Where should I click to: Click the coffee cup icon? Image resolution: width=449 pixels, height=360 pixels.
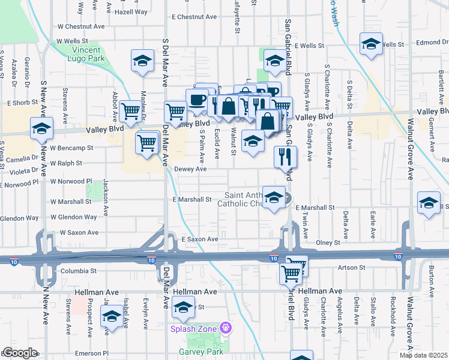pyautogui.click(x=198, y=99)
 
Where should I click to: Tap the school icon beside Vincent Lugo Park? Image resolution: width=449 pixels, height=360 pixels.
pyautogui.click(x=142, y=61)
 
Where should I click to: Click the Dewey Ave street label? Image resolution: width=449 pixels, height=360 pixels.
pyautogui.click(x=190, y=169)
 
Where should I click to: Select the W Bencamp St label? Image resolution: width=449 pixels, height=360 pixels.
pyautogui.click(x=72, y=148)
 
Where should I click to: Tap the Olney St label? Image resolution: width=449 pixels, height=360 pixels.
pyautogui.click(x=328, y=242)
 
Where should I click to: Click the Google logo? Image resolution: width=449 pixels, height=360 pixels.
pyautogui.click(x=20, y=353)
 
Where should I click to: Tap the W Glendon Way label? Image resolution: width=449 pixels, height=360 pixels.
pyautogui.click(x=74, y=217)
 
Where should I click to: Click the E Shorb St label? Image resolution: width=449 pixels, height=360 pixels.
pyautogui.click(x=23, y=103)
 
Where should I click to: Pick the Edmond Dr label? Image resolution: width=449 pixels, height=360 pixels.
pyautogui.click(x=430, y=43)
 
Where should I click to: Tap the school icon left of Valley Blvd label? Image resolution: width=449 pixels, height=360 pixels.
pyautogui.click(x=42, y=128)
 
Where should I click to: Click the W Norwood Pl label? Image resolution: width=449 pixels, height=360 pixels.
pyautogui.click(x=71, y=181)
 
